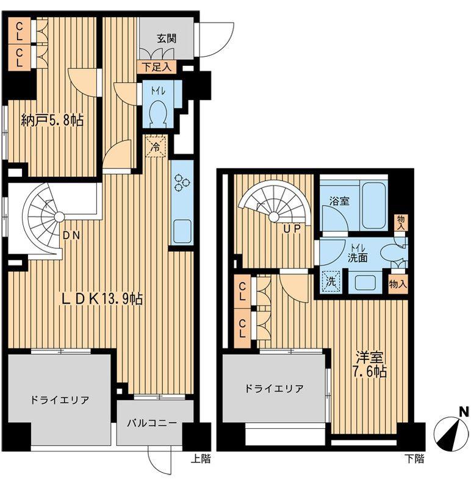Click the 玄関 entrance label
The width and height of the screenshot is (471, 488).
coord(167,38)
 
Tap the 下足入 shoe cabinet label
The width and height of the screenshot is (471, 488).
coord(157,67)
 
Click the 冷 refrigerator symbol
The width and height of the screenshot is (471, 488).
coord(156,146)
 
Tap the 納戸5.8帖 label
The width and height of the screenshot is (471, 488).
coord(52,120)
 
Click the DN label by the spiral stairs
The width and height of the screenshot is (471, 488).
coord(71,235)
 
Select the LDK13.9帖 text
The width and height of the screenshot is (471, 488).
coord(102,300)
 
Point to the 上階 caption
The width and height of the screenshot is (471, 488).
coord(200,459)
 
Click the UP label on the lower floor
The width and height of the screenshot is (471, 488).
coord(292,229)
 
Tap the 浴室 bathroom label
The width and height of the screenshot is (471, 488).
coord(339,201)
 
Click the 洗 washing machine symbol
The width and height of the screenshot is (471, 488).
coord(331,281)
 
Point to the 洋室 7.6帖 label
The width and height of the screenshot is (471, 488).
coord(371,365)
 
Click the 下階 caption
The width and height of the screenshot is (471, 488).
coord(414,459)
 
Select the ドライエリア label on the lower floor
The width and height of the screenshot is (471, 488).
coord(274,389)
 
